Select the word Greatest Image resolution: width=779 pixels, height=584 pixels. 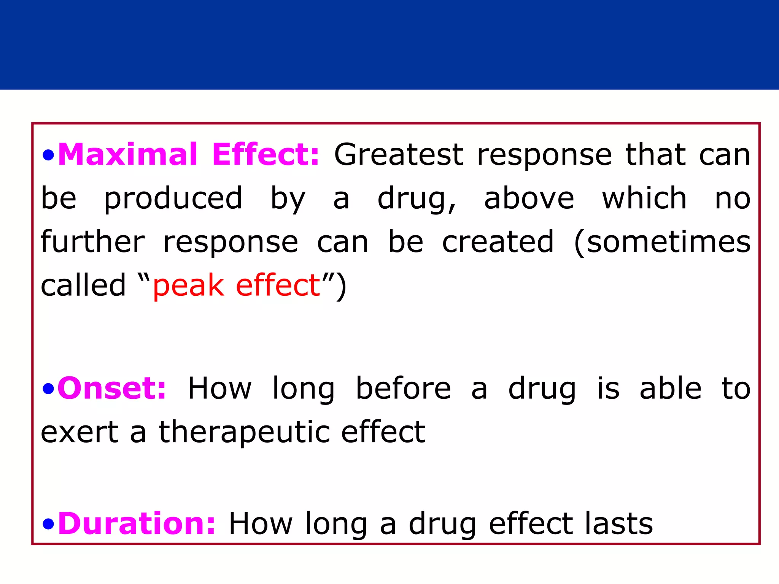[x=399, y=155]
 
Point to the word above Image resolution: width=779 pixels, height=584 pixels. [x=529, y=198]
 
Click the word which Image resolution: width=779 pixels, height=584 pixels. [x=644, y=198]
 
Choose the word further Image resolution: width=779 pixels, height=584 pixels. [x=92, y=242]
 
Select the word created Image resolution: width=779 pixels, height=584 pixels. [x=498, y=242]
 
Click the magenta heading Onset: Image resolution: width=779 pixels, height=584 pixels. [x=112, y=388]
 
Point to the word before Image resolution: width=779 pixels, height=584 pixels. [x=403, y=388]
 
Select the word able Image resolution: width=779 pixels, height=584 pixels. [x=670, y=388]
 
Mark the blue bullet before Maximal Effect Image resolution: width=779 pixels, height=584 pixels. [x=48, y=155]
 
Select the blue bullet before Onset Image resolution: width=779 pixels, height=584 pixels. [x=48, y=389]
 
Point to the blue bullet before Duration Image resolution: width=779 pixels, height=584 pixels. [x=48, y=525]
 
